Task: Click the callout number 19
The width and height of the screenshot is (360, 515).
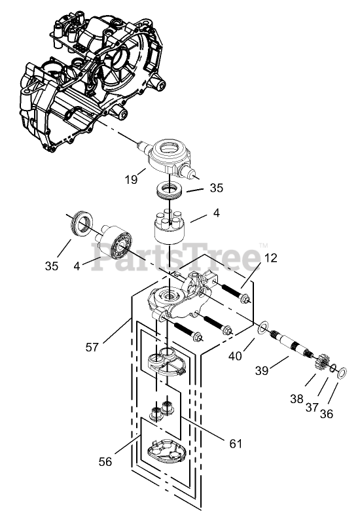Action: pos(131,180)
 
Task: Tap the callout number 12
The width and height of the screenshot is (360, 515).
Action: pos(271,258)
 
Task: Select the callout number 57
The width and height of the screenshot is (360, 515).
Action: pos(92,347)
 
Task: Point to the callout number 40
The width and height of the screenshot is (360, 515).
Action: pos(236,356)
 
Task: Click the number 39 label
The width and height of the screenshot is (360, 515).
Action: pos(262,371)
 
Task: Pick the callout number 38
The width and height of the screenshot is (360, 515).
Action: pos(297,399)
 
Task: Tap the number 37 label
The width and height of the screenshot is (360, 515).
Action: pos(312,408)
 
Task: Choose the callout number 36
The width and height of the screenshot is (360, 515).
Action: pos(327,414)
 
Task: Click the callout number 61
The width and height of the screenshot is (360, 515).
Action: pos(236,444)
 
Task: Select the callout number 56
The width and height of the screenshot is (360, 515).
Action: pos(105,462)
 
